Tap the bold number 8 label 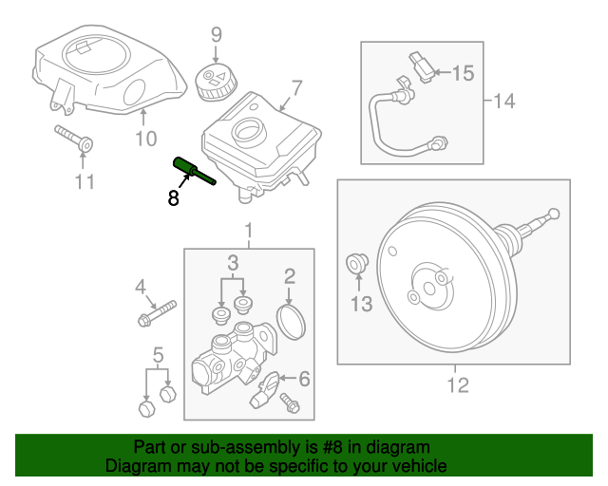(x=173, y=197)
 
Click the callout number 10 (x=144, y=140)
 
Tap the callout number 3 (x=232, y=262)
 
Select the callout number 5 (x=157, y=357)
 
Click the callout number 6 (x=304, y=380)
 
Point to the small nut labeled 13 (x=358, y=261)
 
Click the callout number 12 (x=458, y=384)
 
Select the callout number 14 (x=503, y=100)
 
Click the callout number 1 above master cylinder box (x=249, y=231)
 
